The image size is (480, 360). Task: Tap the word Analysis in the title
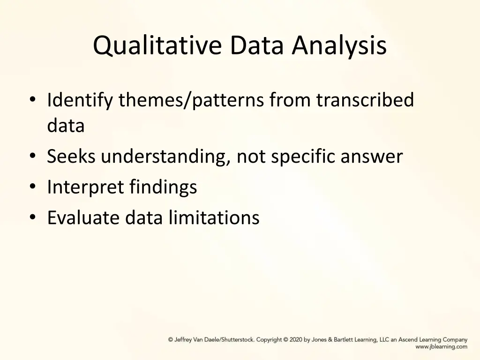339,46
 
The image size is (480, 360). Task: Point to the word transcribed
365,100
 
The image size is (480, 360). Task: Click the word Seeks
72,157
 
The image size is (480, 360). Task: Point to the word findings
163,187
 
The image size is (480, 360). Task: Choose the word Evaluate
83,217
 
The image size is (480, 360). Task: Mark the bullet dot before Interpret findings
32,187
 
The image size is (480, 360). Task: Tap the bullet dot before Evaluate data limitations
32,217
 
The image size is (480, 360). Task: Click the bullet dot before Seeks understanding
32,157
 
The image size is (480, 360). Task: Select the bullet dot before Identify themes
32,100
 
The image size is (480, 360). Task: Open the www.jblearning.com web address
441,347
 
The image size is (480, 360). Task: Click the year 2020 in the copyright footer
296,340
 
